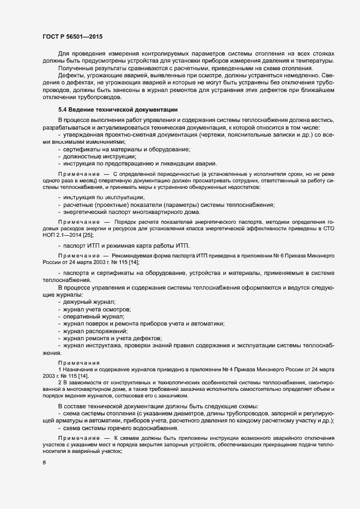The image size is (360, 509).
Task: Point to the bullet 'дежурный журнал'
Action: click(x=89, y=302)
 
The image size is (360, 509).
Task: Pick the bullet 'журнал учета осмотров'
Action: click(x=96, y=309)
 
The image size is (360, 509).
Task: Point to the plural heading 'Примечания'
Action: click(x=76, y=363)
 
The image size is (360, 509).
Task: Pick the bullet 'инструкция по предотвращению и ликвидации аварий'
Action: click(x=140, y=164)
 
